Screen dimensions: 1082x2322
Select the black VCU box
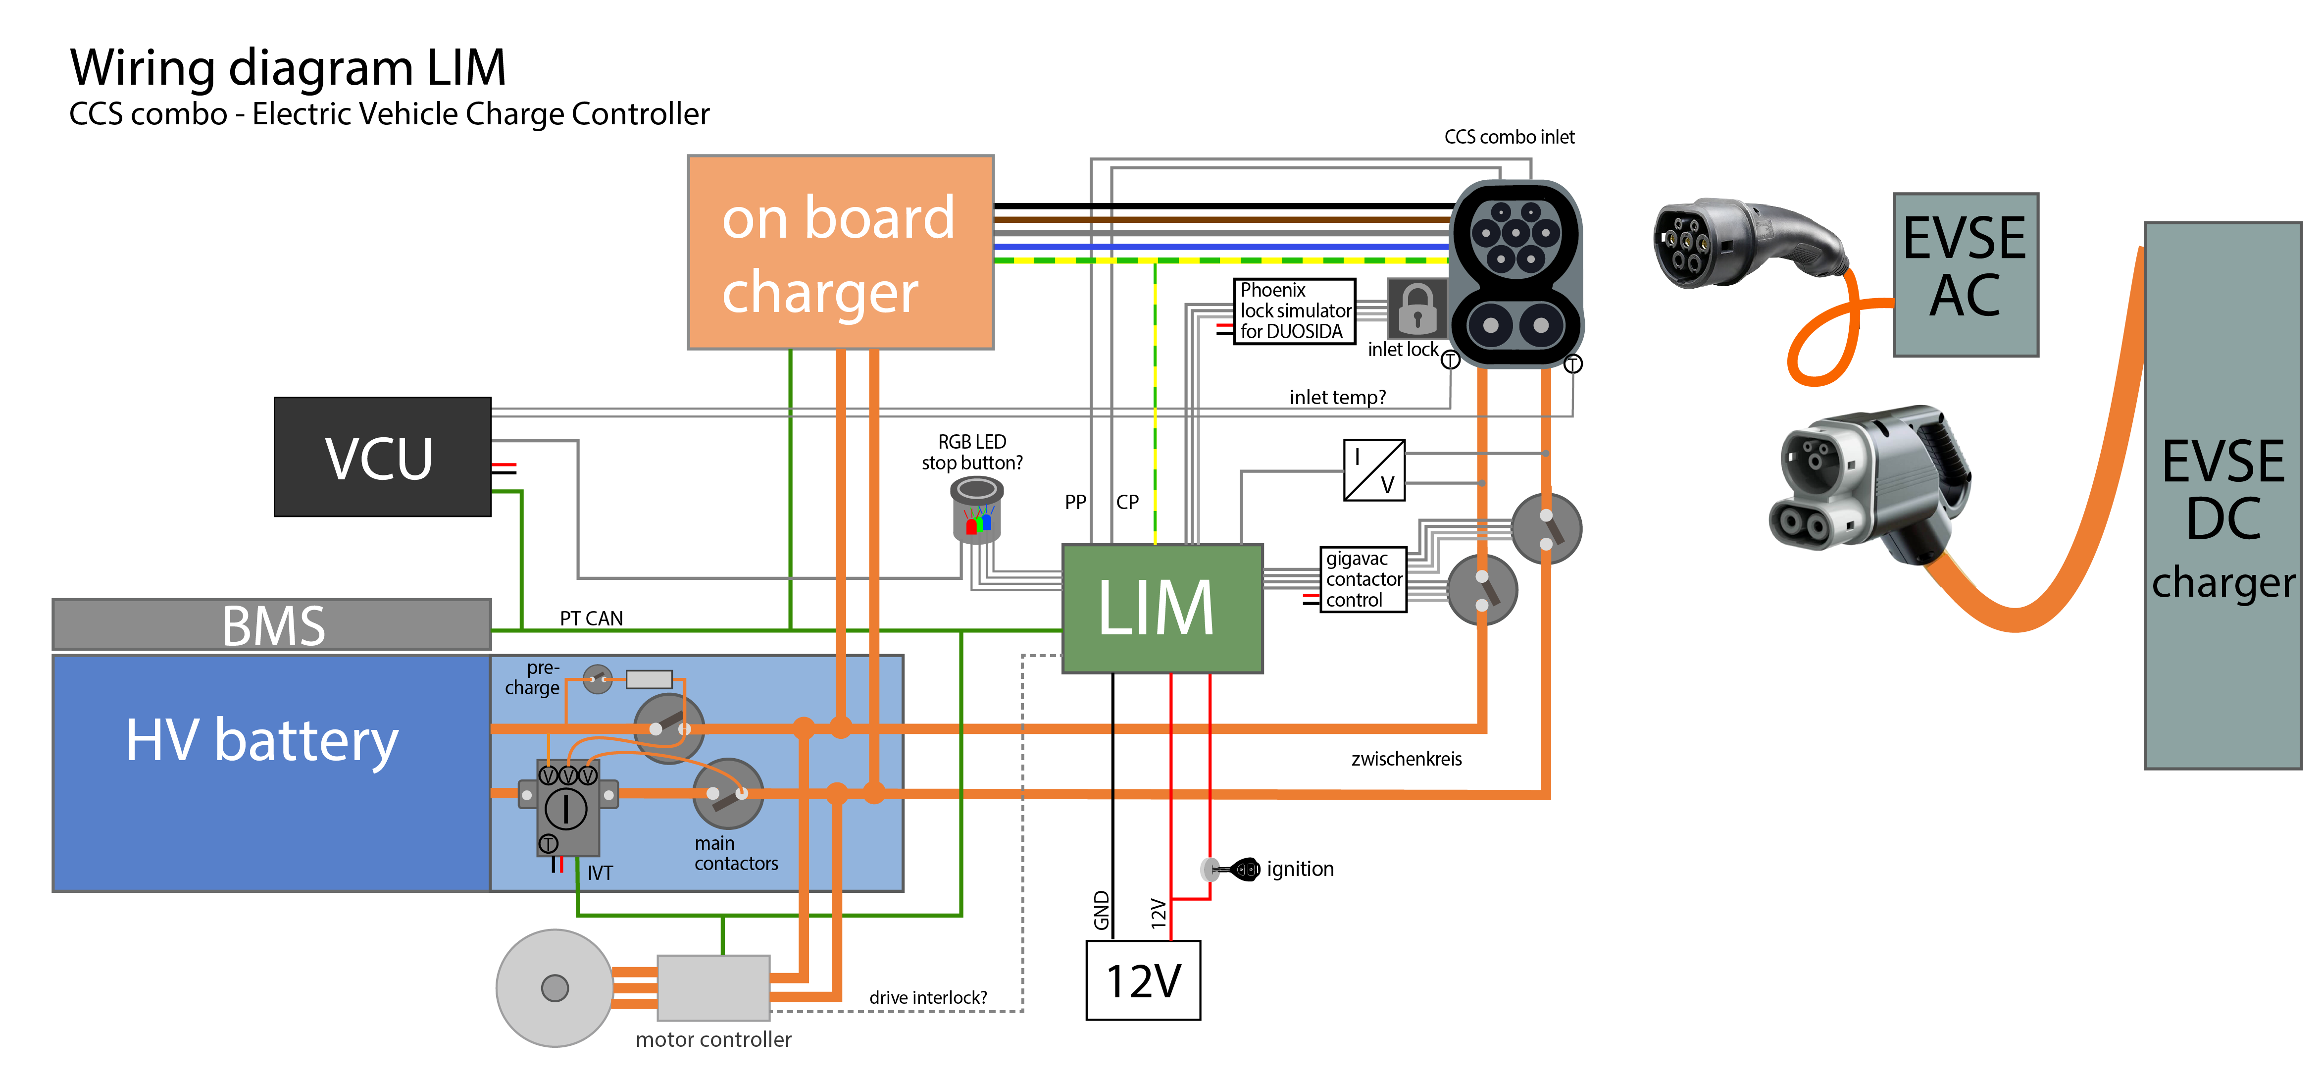coord(382,457)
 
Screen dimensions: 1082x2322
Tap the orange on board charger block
coord(840,253)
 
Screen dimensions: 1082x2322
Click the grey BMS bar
coord(271,624)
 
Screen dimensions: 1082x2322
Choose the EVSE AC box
coord(1965,275)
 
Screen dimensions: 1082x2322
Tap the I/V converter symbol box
coord(1374,470)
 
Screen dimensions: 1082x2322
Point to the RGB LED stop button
coord(976,511)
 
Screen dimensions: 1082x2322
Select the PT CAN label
coord(591,618)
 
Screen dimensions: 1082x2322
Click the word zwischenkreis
coord(1406,759)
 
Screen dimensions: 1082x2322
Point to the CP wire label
coord(1127,502)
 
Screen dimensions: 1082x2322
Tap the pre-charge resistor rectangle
coord(649,679)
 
